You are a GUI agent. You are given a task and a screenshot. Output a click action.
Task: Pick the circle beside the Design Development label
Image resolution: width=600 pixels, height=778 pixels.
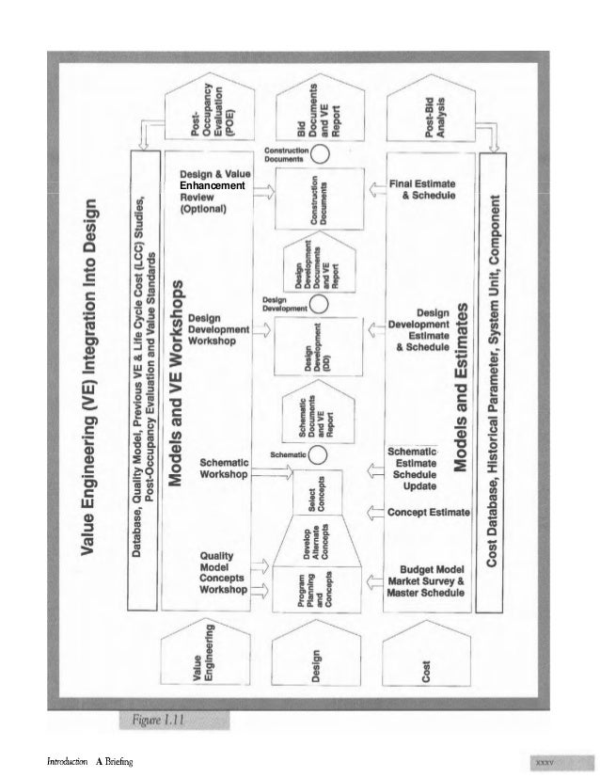(319, 303)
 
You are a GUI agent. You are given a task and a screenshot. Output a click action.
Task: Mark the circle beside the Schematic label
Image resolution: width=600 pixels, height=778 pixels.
(319, 454)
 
